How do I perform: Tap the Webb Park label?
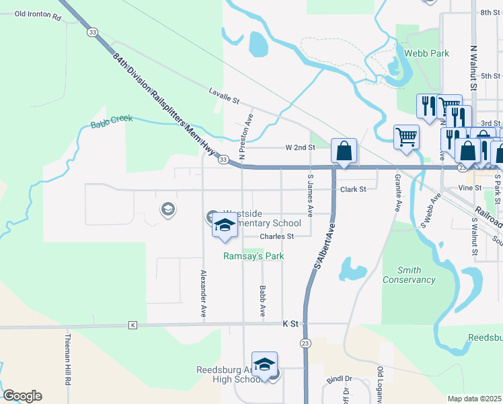coord(426,53)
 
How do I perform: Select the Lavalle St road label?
coord(224,95)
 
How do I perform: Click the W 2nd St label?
coord(301,147)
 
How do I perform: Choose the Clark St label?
coord(352,189)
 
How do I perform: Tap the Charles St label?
coord(277,236)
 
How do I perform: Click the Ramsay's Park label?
coord(254,256)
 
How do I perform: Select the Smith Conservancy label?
coord(409,275)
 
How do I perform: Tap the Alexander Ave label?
coord(202,294)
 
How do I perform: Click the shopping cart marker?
coord(406,137)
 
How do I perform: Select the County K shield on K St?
coord(132,325)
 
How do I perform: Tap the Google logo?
coord(22,396)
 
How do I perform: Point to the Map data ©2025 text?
coord(475,399)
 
